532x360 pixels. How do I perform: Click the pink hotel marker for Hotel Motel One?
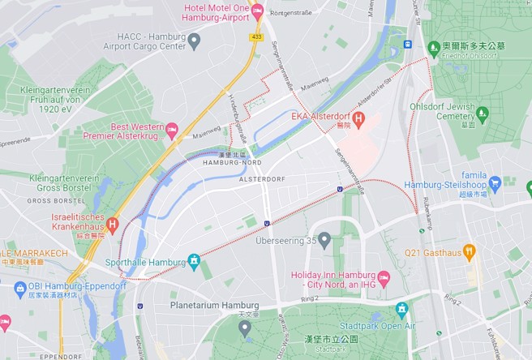click(x=258, y=11)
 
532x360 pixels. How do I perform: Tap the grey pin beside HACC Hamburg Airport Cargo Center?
click(x=194, y=41)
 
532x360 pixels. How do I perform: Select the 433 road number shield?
click(x=257, y=36)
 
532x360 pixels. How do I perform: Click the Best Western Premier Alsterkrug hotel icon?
click(x=171, y=131)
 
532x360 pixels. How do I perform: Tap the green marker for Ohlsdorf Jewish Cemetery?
click(x=483, y=114)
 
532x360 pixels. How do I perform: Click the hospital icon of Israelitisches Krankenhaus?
click(x=112, y=224)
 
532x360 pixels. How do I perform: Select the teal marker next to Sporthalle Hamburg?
click(x=194, y=260)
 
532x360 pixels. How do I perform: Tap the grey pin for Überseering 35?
click(x=324, y=240)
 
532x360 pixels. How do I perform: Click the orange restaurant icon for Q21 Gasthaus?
click(x=468, y=251)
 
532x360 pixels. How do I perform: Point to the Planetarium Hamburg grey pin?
click(x=245, y=327)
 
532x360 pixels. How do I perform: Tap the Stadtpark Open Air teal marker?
click(x=401, y=309)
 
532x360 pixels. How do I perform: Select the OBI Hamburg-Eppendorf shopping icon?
click(x=20, y=287)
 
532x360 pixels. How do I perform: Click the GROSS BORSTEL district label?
click(x=50, y=200)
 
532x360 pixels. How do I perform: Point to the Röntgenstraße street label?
click(x=297, y=13)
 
